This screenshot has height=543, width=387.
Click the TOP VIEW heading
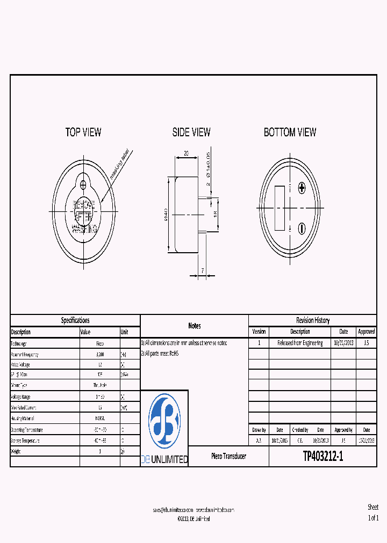click(x=83, y=132)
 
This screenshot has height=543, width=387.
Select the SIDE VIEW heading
click(x=191, y=132)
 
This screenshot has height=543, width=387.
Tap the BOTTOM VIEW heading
click(x=290, y=132)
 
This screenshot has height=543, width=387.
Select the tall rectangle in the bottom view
click(x=280, y=208)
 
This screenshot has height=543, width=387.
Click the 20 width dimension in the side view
click(x=187, y=153)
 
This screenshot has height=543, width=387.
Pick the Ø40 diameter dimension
click(x=166, y=215)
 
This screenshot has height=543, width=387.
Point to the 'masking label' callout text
click(x=119, y=164)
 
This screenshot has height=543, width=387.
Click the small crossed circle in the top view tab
click(x=83, y=185)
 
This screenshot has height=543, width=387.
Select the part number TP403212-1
click(x=322, y=457)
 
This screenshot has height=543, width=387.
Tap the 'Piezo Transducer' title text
click(x=228, y=456)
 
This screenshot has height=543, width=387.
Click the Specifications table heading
click(x=75, y=320)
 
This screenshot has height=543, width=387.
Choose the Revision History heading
click(x=313, y=320)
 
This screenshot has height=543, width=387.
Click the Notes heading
click(x=195, y=326)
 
